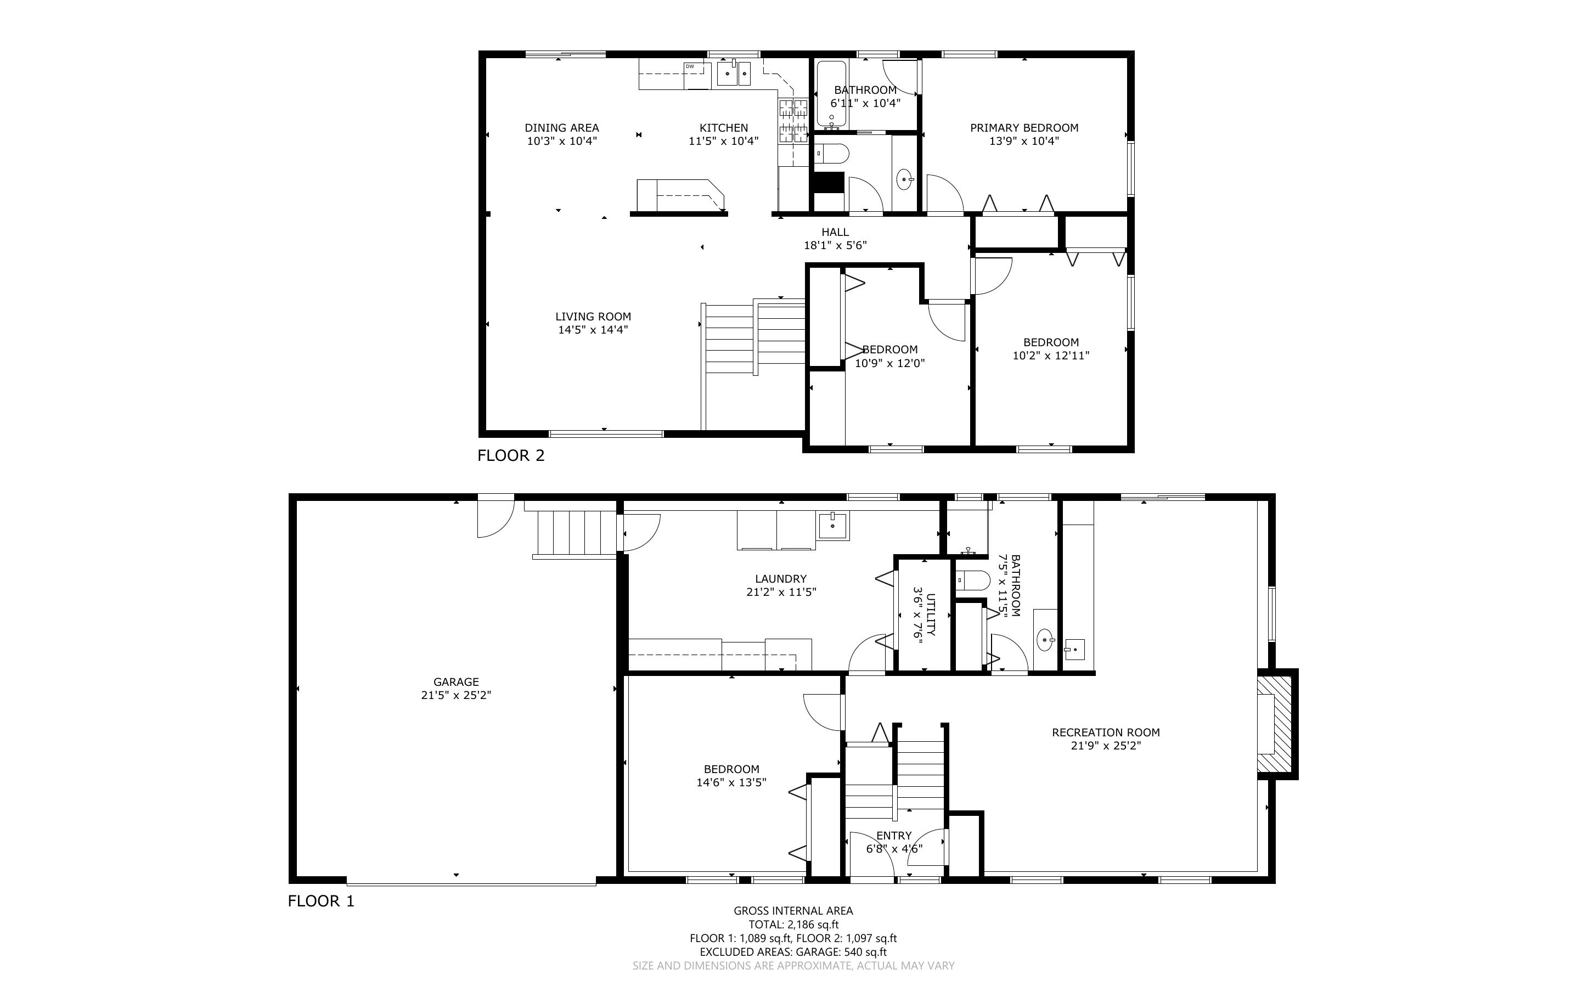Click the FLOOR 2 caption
click(x=511, y=455)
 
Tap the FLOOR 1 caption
click(x=322, y=901)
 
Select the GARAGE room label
click(x=456, y=681)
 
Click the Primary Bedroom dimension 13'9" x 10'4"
click(x=1024, y=141)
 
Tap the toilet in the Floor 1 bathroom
click(x=973, y=580)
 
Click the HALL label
click(x=835, y=232)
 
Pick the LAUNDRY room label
click(x=780, y=579)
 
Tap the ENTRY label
click(x=894, y=836)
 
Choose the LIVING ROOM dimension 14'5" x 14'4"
click(x=593, y=330)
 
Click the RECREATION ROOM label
click(x=1106, y=732)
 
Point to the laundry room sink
click(x=832, y=525)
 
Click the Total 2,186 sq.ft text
click(x=793, y=925)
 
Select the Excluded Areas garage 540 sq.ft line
click(x=793, y=952)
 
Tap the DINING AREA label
click(x=561, y=128)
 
